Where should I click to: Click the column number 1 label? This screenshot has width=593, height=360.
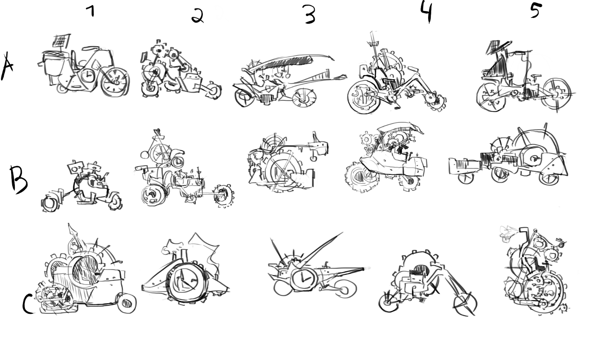(91, 11)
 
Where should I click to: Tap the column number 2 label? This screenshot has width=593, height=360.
(198, 16)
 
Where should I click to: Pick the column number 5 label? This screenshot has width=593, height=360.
(536, 11)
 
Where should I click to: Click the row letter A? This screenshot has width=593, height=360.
(7, 66)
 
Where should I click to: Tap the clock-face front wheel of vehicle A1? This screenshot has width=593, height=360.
(115, 81)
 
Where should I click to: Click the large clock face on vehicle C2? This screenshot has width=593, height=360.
(186, 283)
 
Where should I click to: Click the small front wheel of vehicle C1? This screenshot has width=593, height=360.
(127, 303)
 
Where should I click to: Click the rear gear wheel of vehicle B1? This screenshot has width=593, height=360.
(50, 204)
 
